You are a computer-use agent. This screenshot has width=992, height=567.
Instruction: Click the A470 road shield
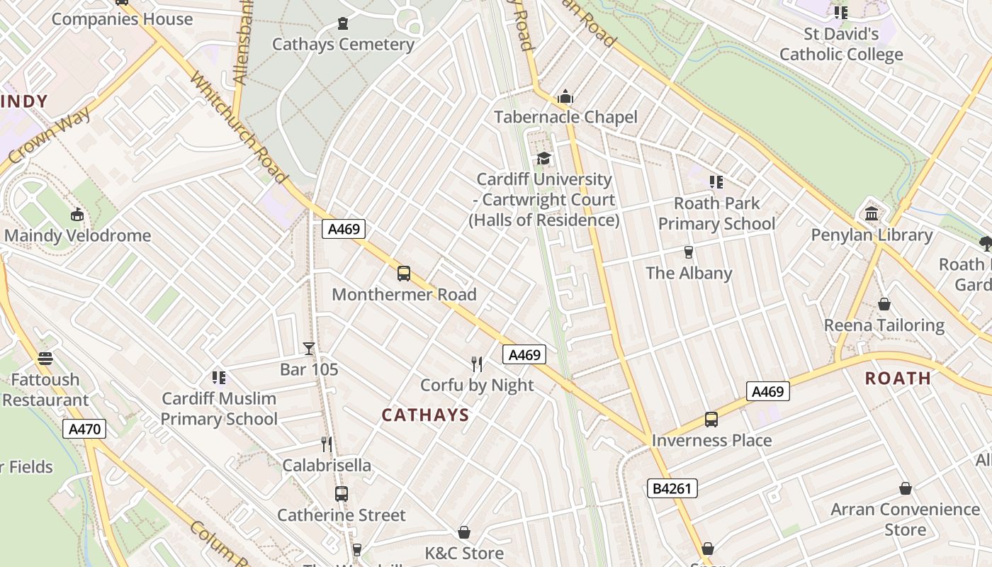tap(85, 429)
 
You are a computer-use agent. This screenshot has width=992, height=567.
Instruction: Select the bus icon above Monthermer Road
tap(404, 273)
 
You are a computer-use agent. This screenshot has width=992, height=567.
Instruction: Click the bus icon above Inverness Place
tap(711, 419)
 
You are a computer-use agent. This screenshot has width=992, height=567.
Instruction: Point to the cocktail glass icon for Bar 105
tap(309, 348)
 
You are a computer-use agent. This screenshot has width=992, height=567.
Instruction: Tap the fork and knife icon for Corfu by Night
tap(477, 364)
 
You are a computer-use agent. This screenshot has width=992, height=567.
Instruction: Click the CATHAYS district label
tap(425, 415)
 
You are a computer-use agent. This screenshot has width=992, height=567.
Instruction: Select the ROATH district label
tap(898, 378)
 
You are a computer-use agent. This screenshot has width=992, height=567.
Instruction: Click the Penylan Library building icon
tap(872, 213)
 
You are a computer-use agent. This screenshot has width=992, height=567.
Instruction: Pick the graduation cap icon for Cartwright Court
tap(543, 158)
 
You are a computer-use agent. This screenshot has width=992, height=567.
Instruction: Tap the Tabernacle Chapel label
tap(565, 117)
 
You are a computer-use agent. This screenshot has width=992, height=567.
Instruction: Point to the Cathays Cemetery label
tap(343, 44)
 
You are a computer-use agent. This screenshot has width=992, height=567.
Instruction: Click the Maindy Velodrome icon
tap(77, 214)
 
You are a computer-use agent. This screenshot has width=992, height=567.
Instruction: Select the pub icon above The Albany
tap(688, 252)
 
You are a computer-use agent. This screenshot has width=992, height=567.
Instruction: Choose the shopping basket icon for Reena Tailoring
tap(884, 304)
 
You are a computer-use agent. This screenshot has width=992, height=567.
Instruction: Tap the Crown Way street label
tap(50, 137)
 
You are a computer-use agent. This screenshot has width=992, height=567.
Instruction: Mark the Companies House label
tap(122, 19)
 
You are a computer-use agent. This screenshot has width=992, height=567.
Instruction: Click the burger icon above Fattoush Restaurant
tap(45, 359)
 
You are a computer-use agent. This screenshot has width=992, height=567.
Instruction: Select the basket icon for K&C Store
tap(464, 532)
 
